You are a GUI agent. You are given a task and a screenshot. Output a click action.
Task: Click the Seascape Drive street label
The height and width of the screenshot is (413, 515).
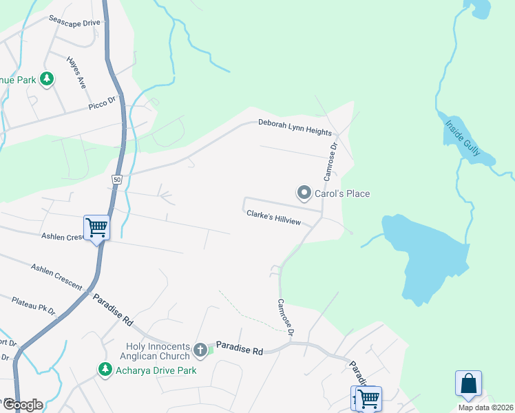click(74, 23)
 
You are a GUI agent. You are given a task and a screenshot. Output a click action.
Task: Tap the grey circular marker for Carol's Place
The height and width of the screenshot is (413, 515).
click(304, 193)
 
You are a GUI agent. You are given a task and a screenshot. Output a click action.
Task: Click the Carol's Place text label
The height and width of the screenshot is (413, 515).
click(342, 193)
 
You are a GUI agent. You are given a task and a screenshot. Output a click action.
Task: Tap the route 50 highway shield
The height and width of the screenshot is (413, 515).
click(116, 179)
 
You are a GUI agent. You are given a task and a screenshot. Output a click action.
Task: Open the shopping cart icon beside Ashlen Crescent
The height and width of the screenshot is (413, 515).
click(96, 227)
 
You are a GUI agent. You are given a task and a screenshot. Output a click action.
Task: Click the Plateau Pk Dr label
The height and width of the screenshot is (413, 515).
click(33, 306)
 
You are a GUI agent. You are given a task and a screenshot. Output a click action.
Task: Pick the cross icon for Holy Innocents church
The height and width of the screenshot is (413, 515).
click(200, 350)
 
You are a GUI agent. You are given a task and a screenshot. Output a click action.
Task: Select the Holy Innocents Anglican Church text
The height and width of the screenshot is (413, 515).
click(158, 351)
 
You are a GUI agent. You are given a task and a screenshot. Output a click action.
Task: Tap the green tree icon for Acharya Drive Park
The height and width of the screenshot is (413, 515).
click(105, 370)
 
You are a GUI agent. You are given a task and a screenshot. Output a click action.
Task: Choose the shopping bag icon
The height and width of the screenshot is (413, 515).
click(468, 383)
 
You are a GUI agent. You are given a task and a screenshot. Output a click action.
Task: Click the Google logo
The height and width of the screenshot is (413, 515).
click(22, 404)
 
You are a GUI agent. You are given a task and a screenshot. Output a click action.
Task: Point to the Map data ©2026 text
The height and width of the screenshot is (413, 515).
click(485, 407)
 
